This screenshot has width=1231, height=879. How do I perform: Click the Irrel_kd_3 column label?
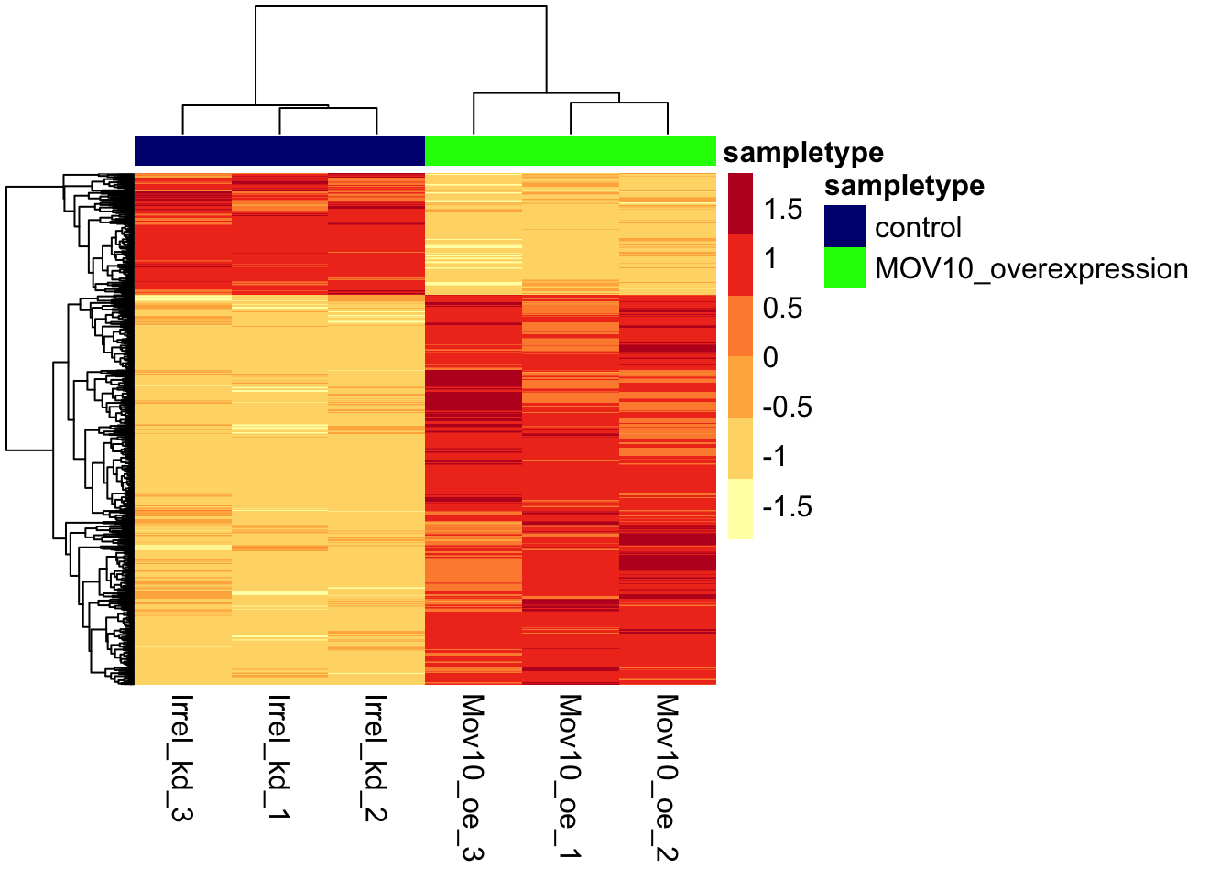(x=182, y=757)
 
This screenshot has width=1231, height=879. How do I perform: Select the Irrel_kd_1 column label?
(x=279, y=757)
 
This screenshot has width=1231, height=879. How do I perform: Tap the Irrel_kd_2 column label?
(x=376, y=757)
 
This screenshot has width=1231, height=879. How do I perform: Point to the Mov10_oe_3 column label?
(x=473, y=777)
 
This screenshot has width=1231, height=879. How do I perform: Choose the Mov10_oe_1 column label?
(x=570, y=777)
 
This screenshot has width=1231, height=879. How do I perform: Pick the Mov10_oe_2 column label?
(x=667, y=777)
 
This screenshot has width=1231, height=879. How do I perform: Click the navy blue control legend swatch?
(x=844, y=226)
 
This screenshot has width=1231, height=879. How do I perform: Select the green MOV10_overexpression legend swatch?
(x=844, y=268)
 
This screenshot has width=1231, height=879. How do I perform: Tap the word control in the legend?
(x=918, y=227)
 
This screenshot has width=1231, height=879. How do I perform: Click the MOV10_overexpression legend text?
(x=1031, y=269)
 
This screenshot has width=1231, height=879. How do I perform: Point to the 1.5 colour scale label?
(x=783, y=210)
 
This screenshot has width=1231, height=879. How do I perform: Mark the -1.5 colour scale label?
(x=788, y=506)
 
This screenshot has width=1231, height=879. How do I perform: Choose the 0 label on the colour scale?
(x=771, y=358)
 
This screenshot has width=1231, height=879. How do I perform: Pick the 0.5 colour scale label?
(x=783, y=309)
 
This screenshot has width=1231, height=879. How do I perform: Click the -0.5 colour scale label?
(x=788, y=407)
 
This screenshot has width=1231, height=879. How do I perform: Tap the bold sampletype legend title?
(x=904, y=186)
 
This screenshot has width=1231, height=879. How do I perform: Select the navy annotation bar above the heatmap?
(x=279, y=151)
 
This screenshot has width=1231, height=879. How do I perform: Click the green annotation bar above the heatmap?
(x=570, y=151)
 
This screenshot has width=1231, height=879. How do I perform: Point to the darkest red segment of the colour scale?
(x=741, y=203)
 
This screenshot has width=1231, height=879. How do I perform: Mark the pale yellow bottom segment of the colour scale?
(x=741, y=509)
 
